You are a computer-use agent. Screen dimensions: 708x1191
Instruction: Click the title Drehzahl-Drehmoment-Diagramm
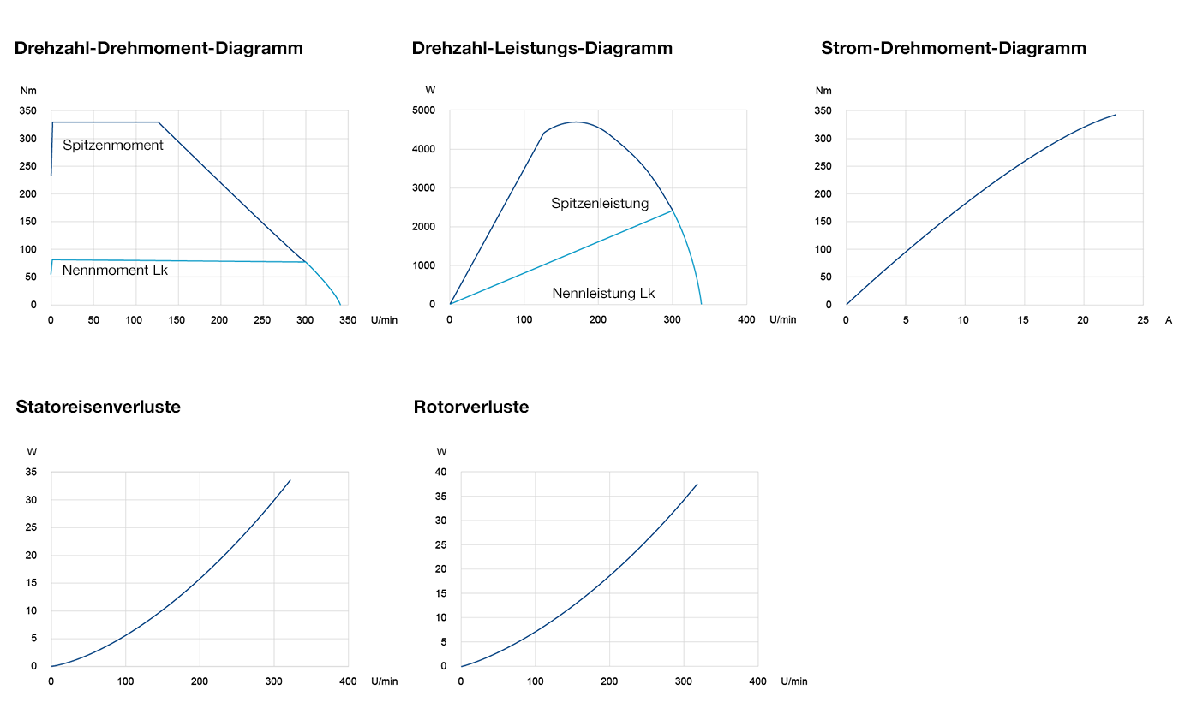159,49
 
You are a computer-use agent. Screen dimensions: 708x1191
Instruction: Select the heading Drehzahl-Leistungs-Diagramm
542,49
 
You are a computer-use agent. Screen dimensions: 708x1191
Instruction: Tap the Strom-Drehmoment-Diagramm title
953,49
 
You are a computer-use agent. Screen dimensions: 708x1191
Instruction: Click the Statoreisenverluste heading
98,408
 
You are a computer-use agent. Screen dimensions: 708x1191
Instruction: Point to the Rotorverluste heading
470,408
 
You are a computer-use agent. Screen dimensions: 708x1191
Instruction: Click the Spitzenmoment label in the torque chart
113,146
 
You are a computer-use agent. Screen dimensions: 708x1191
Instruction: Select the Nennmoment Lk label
115,271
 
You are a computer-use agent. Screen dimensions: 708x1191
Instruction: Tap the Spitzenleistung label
600,204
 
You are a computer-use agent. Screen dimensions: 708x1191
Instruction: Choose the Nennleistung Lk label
603,294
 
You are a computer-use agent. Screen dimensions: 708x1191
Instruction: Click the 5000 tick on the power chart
424,110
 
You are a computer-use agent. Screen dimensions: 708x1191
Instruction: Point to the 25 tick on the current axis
1142,320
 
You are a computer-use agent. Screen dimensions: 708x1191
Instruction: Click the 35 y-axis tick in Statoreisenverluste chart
32,473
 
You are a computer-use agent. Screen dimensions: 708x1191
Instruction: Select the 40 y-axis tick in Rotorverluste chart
441,473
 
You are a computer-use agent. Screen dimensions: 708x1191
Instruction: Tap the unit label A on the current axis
1169,320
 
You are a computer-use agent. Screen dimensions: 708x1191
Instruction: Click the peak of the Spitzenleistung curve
575,122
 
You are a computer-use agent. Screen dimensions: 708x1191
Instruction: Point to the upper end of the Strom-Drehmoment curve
1116,115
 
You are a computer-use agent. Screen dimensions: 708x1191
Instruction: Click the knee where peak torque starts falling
159,122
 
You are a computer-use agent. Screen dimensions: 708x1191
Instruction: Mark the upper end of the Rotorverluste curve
697,485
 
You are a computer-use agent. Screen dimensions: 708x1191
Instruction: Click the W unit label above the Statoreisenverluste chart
32,452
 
